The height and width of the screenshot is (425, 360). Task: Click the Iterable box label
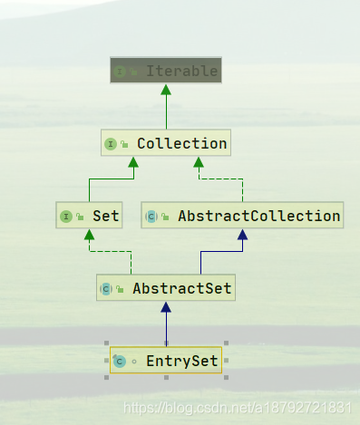(x=181, y=71)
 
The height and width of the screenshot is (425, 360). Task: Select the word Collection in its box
(x=182, y=143)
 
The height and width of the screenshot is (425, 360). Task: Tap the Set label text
(x=105, y=216)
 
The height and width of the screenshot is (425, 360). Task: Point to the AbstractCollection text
(x=259, y=216)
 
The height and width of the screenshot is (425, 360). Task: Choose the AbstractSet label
(x=182, y=288)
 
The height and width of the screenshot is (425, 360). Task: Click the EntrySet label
(x=182, y=361)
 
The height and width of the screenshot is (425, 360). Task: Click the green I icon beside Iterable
(x=120, y=72)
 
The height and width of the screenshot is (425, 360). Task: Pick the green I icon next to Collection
(x=111, y=144)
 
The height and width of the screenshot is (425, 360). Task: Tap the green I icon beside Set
(x=66, y=217)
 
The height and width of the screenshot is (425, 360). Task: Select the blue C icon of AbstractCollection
(x=151, y=217)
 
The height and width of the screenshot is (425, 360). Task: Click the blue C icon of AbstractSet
(x=106, y=289)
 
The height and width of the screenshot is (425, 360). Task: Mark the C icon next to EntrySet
(x=120, y=362)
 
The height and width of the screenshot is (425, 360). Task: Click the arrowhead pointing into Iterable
(x=166, y=90)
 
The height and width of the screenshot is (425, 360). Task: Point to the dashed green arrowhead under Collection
(x=199, y=162)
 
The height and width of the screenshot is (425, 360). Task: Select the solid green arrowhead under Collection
(x=133, y=162)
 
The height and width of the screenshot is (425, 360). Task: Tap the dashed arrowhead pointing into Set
(x=89, y=235)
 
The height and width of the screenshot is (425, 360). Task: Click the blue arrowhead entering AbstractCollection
(x=243, y=235)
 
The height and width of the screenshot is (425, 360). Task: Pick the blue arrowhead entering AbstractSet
(x=166, y=307)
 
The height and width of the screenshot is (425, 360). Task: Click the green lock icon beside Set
(x=80, y=217)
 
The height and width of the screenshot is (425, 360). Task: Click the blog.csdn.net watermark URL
(x=238, y=408)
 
